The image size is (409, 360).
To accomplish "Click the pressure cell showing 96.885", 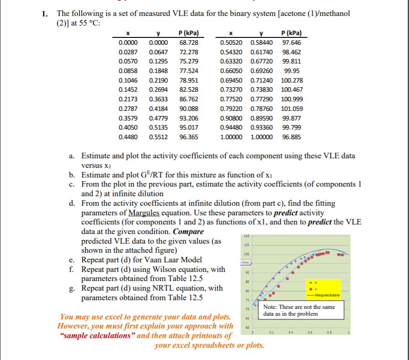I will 292,137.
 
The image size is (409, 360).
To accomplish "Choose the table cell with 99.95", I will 292,71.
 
